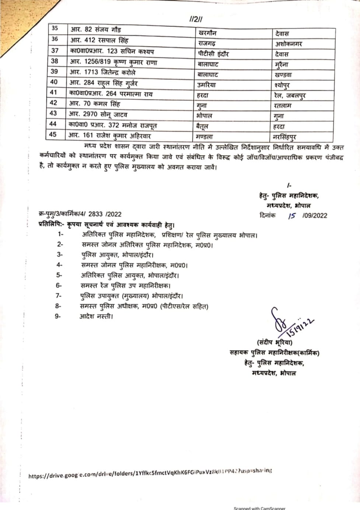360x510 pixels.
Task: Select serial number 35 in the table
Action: [55, 28]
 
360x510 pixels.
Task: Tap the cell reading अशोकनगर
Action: [289, 44]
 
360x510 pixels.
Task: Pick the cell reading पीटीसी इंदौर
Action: [213, 54]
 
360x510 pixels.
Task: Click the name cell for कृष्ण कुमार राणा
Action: [113, 62]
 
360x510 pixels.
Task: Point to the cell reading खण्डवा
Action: [283, 75]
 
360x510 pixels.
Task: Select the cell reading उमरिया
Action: [206, 85]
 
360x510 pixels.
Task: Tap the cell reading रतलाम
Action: [283, 106]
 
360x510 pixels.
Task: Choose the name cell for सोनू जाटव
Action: [98, 114]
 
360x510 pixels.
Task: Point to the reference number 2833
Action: [96, 214]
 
